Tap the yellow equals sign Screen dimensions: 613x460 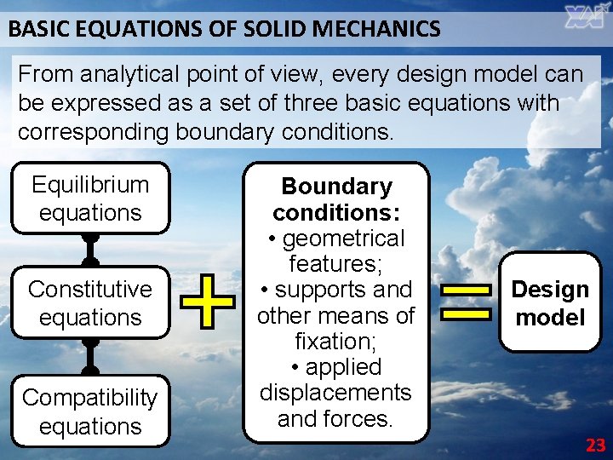[466, 302]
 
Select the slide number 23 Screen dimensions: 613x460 [595, 445]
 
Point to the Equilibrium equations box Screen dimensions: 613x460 [90, 198]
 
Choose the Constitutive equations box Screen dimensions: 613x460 [90, 302]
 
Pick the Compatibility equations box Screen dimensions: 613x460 [90, 411]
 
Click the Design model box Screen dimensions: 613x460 [550, 302]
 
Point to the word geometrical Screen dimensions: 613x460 [344, 239]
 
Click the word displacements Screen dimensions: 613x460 [335, 393]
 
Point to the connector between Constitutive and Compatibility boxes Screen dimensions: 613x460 [90, 356]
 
